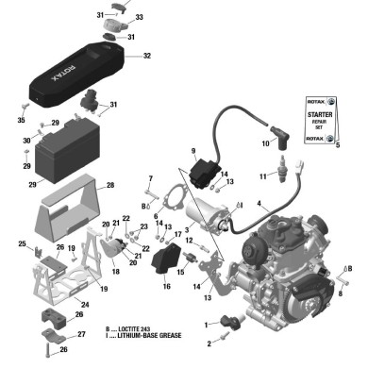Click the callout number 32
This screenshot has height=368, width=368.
pyautogui.click(x=146, y=57)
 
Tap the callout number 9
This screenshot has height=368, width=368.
pyautogui.click(x=192, y=151)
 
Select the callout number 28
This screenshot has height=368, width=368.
pyautogui.click(x=110, y=186)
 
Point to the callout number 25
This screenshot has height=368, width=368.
pyautogui.click(x=22, y=244)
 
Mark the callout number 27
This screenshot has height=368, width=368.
pyautogui.click(x=80, y=334)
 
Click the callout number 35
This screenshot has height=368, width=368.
pyautogui.click(x=20, y=121)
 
